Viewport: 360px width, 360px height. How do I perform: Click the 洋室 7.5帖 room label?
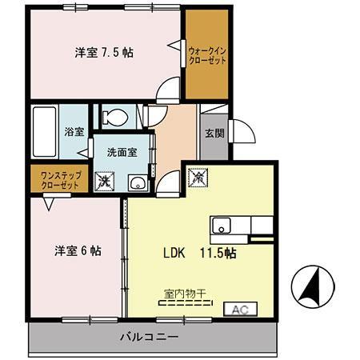tap(104, 52)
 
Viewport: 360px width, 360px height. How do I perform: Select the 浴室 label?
tap(74, 131)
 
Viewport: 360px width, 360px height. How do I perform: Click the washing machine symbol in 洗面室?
tap(104, 182)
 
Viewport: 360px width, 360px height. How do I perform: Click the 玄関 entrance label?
tap(214, 134)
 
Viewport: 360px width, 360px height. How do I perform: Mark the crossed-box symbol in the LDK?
tap(197, 175)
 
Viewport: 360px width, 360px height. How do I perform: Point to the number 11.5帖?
tap(218, 252)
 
